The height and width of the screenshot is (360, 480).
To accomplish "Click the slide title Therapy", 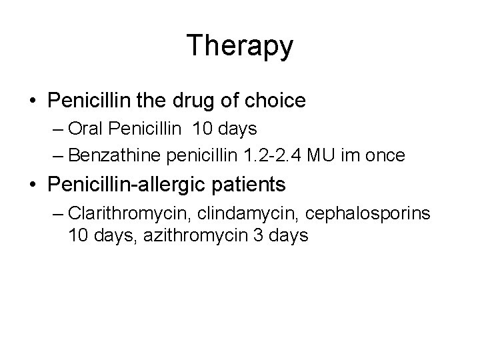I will (240, 46).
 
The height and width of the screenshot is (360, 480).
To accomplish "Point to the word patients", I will (252, 185).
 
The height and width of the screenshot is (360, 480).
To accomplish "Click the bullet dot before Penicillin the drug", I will (33, 101).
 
